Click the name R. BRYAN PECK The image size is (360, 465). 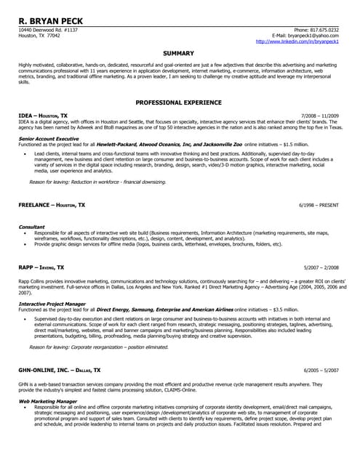click(x=50, y=21)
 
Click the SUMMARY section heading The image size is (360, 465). click(x=178, y=54)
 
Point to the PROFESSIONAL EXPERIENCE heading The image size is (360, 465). click(x=178, y=103)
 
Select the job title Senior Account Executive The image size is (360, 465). click(x=48, y=138)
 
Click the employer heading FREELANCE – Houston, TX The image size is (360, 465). click(x=52, y=206)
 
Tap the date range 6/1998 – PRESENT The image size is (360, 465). click(x=319, y=206)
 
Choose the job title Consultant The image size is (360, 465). click(x=31, y=227)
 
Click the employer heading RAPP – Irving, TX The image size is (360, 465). click(x=41, y=267)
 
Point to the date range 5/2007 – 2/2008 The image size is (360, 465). click(x=321, y=267)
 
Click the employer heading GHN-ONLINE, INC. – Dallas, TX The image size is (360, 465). click(x=60, y=371)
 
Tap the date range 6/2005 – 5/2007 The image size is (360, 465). click(x=321, y=371)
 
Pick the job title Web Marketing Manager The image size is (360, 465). click(x=47, y=400)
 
